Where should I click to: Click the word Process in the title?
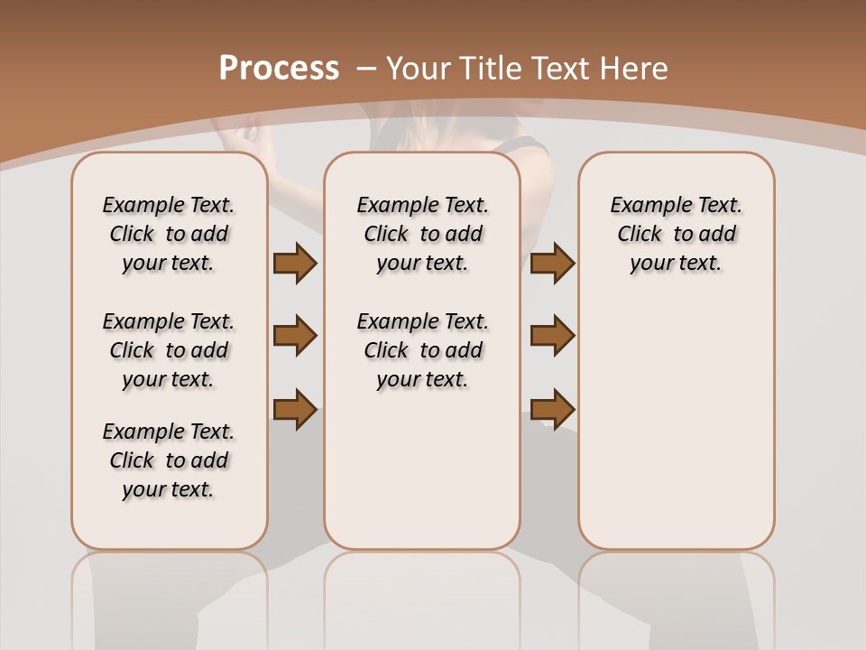tap(279, 68)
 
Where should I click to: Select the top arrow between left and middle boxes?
tap(295, 263)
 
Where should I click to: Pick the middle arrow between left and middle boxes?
tap(295, 336)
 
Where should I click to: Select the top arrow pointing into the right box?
tap(552, 263)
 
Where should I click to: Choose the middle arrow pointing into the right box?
tap(552, 336)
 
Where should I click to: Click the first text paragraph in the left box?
tap(169, 234)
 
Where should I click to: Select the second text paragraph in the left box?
tap(169, 350)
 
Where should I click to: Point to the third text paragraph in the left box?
tap(169, 460)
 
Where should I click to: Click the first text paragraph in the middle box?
tap(422, 234)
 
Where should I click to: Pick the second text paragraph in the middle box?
tap(422, 350)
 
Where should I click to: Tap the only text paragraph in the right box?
tap(677, 234)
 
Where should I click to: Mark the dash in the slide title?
tap(366, 68)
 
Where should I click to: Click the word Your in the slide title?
tap(419, 68)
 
